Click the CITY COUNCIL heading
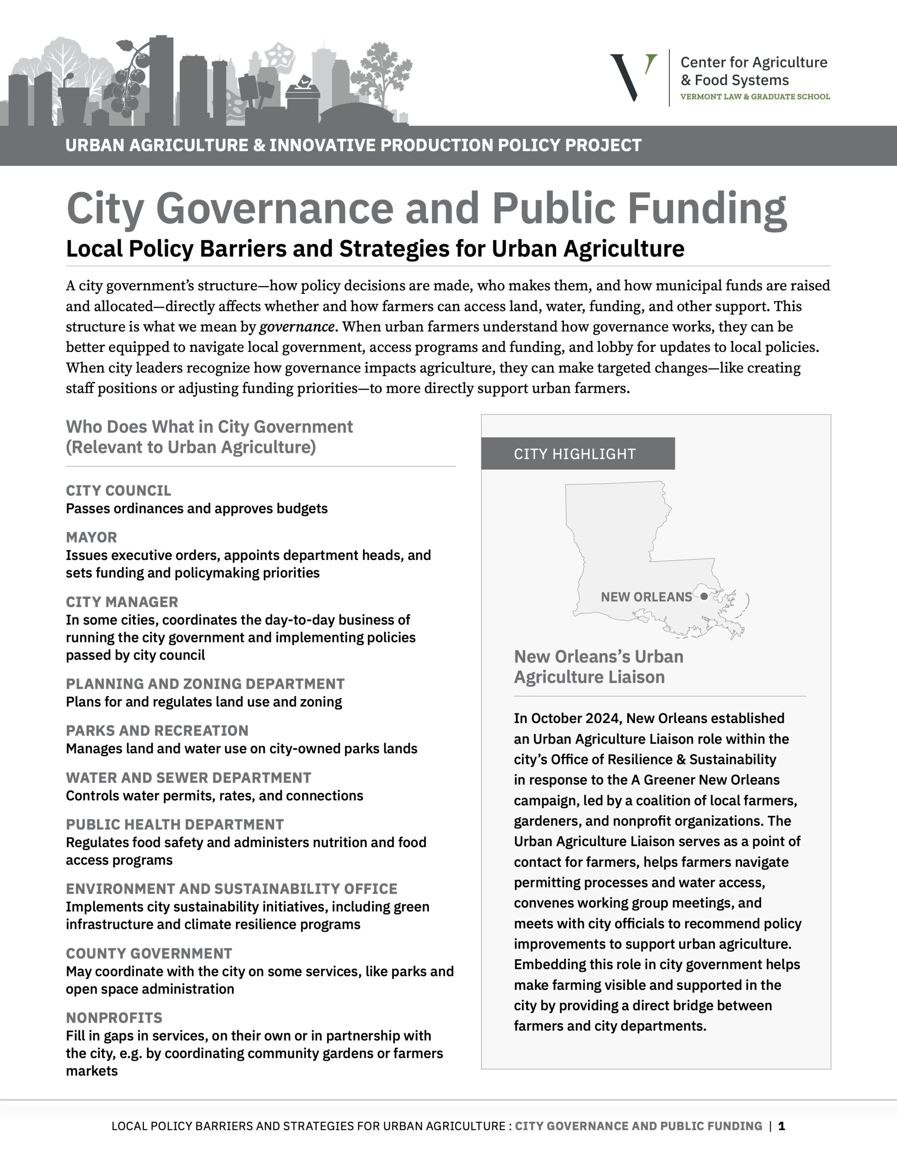[118, 490]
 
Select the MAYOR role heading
[91, 537]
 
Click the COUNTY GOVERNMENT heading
[149, 953]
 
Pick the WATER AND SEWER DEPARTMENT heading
[188, 778]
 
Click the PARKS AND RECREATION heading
[157, 730]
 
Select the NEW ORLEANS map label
[646, 597]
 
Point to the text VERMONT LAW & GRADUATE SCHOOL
[755, 97]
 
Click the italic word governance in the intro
[296, 327]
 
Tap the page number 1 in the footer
[782, 1126]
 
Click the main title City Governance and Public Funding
[426, 209]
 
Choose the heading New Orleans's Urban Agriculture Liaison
[598, 667]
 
